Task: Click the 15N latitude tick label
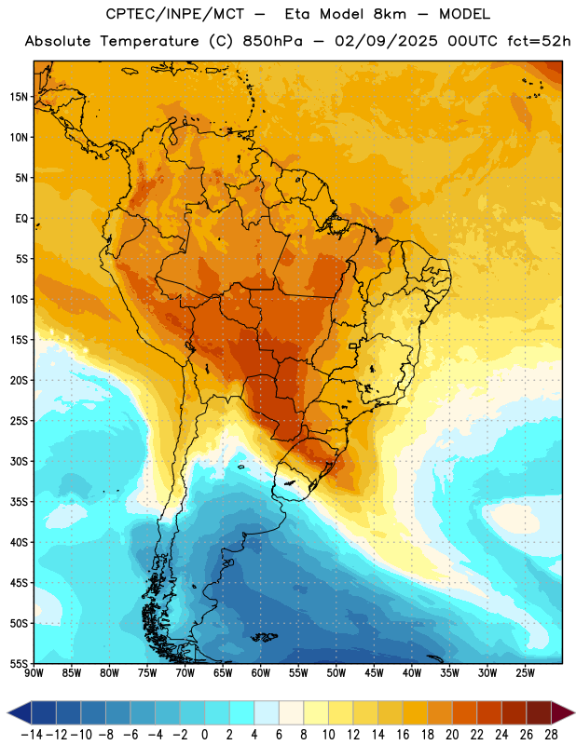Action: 19,97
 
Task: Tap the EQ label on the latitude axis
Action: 21,219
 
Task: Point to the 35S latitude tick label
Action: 19,502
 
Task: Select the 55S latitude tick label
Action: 19,663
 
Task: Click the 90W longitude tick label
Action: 34,672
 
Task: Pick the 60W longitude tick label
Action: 261,672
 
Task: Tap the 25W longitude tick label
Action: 525,672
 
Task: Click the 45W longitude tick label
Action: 374,672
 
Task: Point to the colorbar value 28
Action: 551,735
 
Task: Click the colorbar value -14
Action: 32,735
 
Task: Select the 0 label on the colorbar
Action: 204,735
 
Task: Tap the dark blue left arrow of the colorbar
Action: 19,712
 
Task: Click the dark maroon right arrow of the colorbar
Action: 563,712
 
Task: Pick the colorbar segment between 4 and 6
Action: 267,712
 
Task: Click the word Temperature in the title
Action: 149,41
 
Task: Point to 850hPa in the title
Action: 272,41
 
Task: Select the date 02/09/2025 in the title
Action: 386,41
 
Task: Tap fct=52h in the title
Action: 539,41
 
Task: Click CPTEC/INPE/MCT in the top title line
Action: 175,14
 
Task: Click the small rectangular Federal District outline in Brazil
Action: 353,345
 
